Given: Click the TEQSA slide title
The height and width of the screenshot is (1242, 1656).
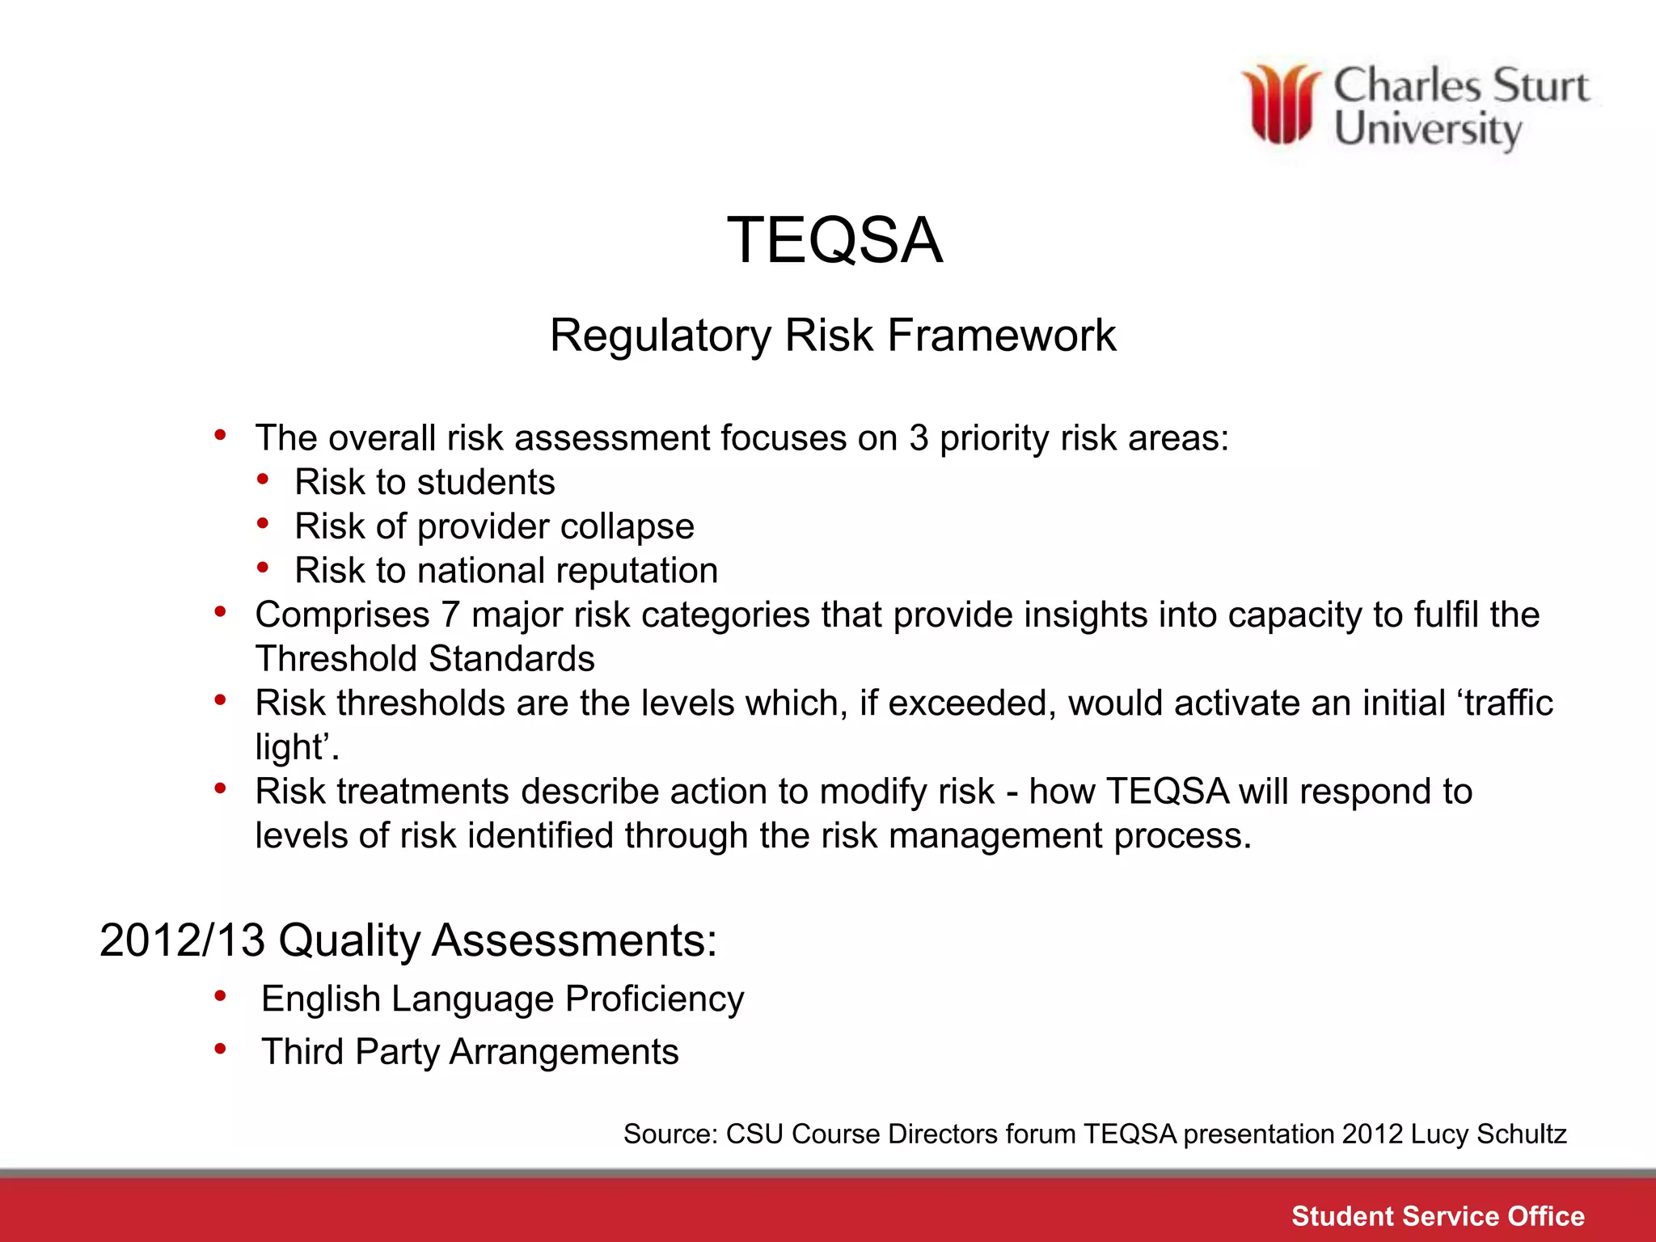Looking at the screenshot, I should click(x=834, y=240).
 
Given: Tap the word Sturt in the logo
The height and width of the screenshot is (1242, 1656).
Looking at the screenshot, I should click(x=1540, y=87).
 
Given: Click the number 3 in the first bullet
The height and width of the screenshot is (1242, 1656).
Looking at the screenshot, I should click(x=918, y=438).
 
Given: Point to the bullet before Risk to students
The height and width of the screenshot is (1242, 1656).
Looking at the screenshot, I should click(x=263, y=480).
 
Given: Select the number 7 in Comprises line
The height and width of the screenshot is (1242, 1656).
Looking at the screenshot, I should click(x=450, y=615).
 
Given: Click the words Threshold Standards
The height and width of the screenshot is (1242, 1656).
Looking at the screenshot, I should click(x=425, y=659).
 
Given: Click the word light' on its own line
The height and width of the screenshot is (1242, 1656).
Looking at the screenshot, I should click(x=295, y=747).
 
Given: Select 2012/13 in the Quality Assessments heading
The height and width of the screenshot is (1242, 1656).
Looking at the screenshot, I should click(x=182, y=940).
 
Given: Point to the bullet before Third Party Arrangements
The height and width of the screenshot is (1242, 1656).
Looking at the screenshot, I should click(x=220, y=1050).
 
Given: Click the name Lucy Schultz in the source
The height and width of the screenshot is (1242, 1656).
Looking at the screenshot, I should click(x=1488, y=1134).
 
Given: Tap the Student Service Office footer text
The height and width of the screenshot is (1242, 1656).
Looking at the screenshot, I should click(x=1437, y=1216).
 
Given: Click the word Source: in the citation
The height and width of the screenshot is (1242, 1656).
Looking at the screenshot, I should click(x=670, y=1134).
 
